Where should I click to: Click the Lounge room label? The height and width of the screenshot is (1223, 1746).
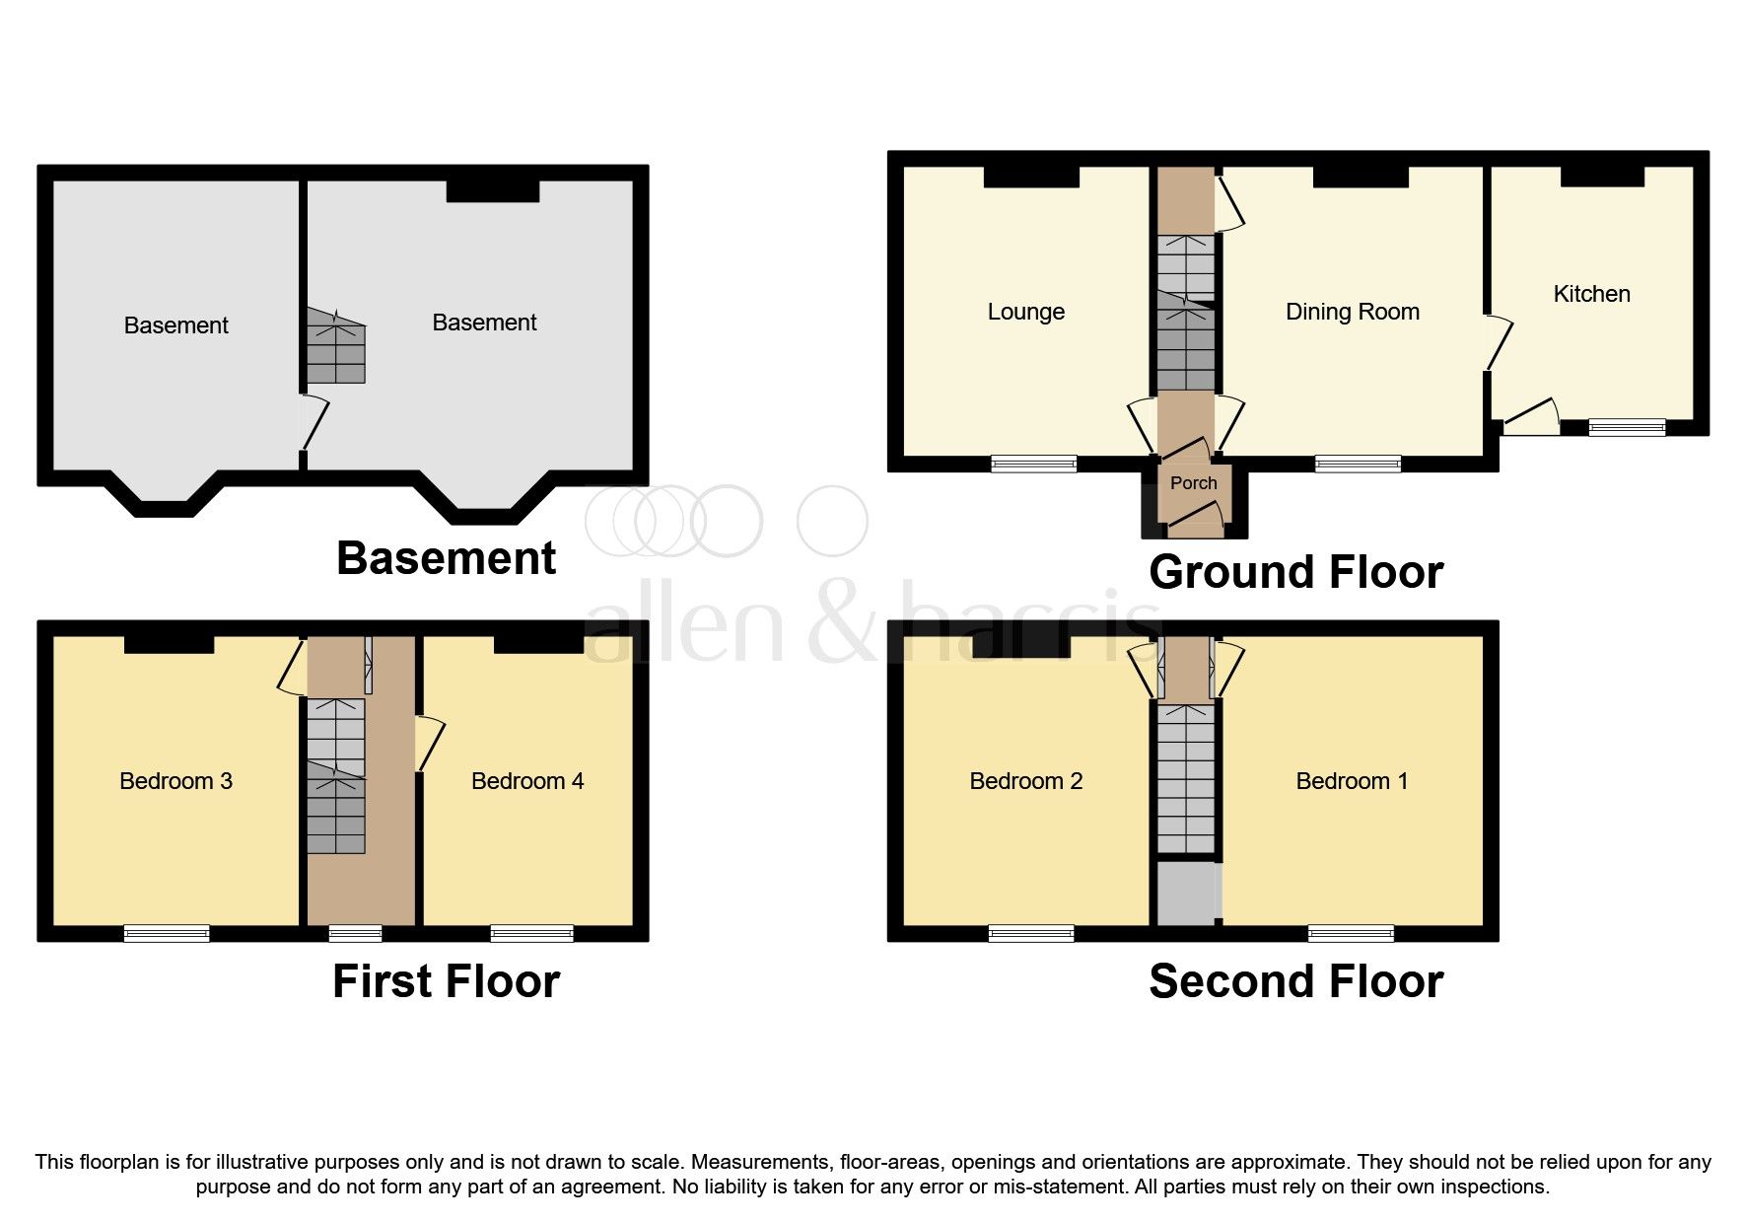coord(1025,312)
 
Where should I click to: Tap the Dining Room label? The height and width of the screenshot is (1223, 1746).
coord(1352,312)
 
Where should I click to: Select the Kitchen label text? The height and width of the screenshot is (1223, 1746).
coord(1590,294)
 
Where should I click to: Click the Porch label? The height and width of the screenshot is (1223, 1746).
coord(1193,483)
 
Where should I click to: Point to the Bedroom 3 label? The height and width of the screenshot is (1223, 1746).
coord(175,781)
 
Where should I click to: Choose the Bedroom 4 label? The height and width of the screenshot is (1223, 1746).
coord(526,781)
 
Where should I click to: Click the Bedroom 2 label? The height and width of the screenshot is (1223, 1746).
coord(1025,781)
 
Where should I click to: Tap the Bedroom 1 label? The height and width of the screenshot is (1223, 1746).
coord(1351,781)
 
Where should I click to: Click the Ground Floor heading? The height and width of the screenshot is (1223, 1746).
coord(1295,572)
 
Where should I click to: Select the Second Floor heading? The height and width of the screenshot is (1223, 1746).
coord(1295,981)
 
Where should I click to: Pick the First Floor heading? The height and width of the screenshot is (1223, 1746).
coord(446,981)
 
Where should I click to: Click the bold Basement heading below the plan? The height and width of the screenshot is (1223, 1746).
coord(446,558)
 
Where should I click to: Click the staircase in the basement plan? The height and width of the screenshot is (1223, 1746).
coord(335,347)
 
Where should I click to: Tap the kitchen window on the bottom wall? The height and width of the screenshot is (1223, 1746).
coord(1627,427)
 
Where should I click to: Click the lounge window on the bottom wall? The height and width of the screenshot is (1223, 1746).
coord(1033,464)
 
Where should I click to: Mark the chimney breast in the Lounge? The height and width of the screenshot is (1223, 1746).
coord(1031,177)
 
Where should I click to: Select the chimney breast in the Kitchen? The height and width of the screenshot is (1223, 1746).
coord(1602,176)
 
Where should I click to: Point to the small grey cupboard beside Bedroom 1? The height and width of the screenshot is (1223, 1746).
coord(1188,894)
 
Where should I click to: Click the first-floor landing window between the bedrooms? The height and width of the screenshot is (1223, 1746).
coord(355,933)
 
